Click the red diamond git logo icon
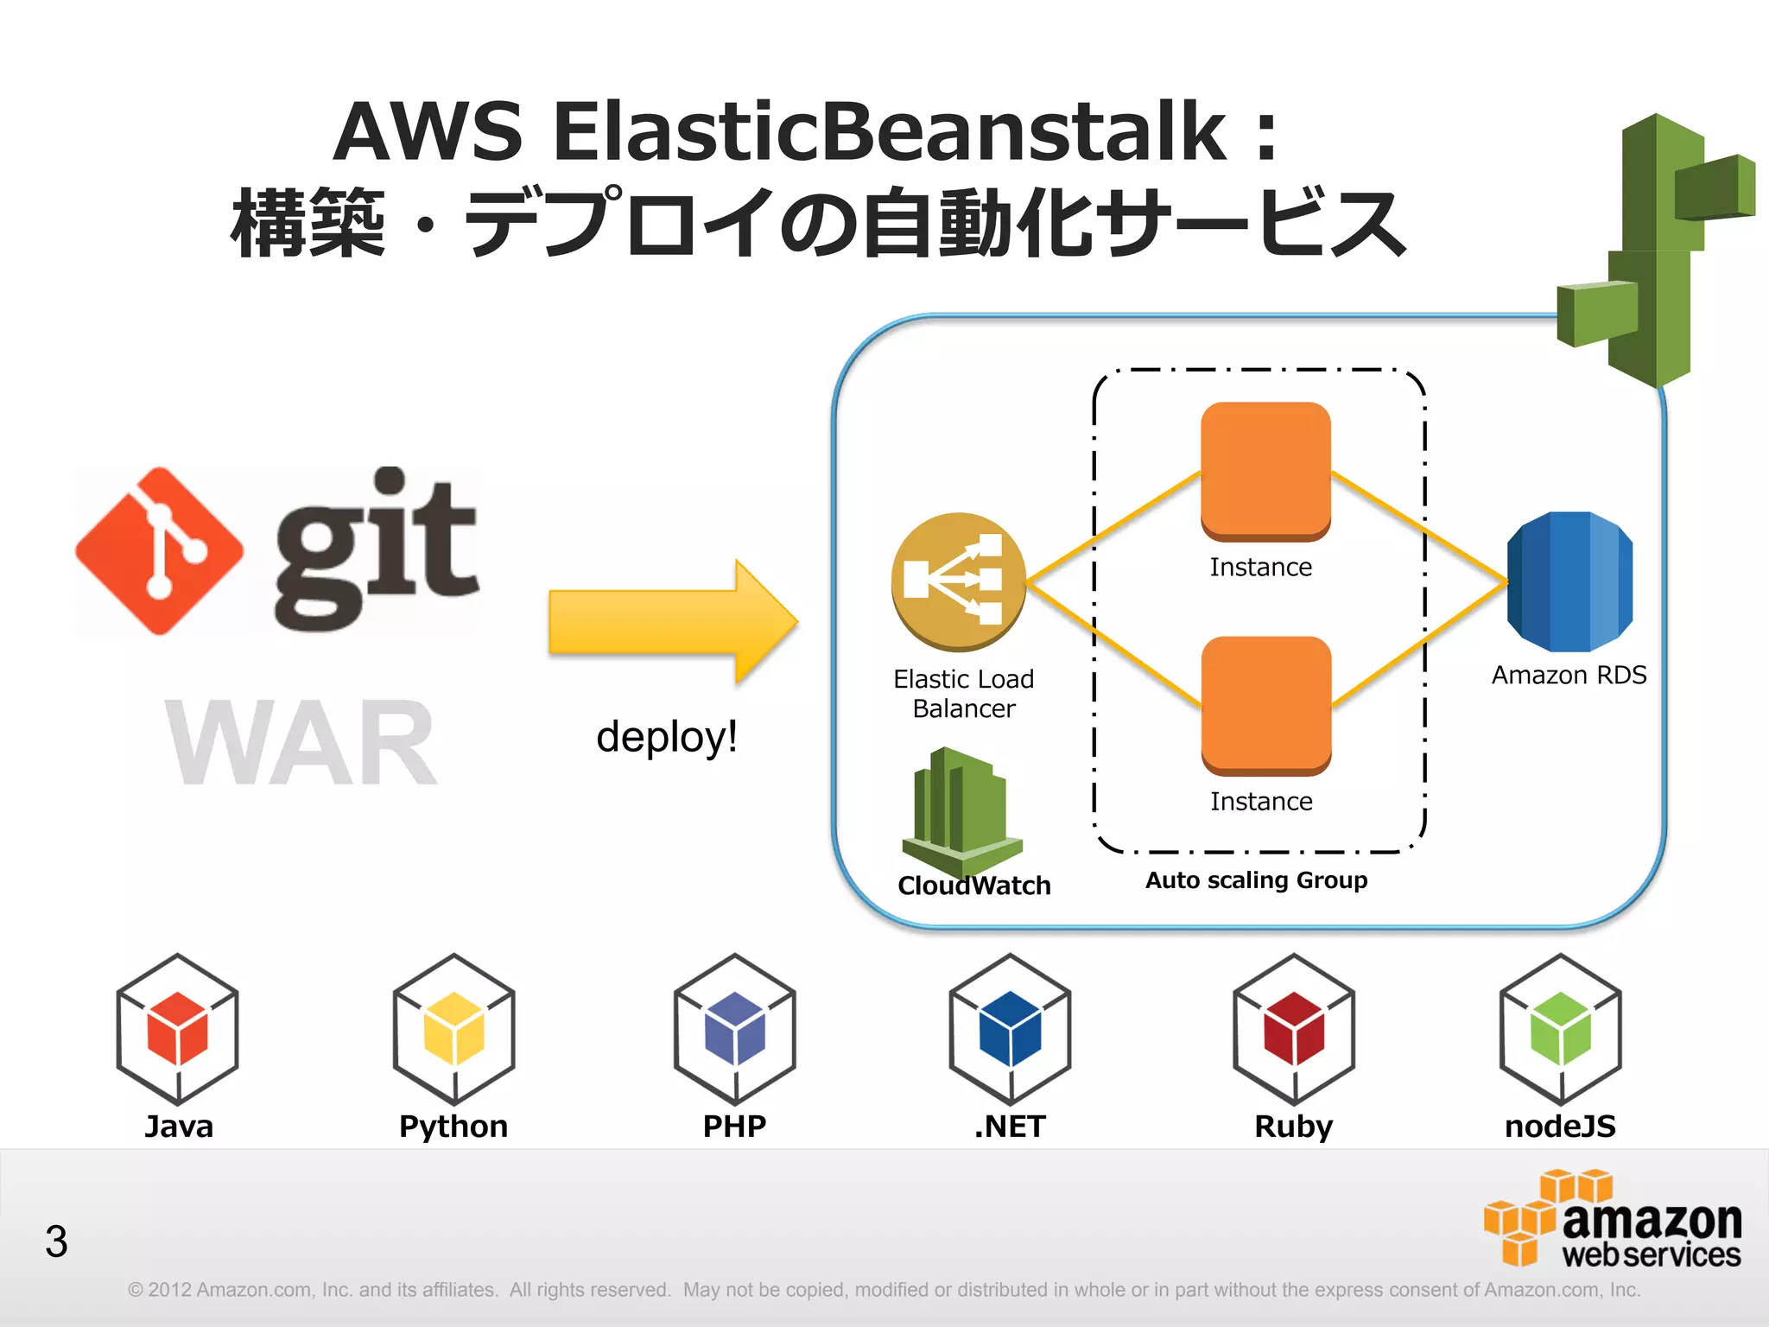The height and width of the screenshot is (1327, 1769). tap(159, 551)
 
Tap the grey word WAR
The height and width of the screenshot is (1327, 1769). tap(301, 744)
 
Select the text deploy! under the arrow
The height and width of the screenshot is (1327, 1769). tap(667, 737)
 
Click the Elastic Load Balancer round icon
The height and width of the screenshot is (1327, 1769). tap(959, 581)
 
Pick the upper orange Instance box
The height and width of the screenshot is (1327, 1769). tap(1265, 471)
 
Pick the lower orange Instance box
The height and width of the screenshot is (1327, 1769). tap(1266, 705)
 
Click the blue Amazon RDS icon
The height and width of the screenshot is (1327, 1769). tap(1569, 581)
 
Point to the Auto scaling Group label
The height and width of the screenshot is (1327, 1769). tap(1256, 880)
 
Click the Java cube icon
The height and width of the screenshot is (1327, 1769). tap(178, 1029)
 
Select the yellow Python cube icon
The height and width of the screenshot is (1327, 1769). tap(453, 1029)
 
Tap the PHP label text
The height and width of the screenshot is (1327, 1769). tap(734, 1127)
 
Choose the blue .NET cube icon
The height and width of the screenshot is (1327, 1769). tap(1010, 1029)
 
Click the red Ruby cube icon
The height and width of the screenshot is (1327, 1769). tap(1294, 1029)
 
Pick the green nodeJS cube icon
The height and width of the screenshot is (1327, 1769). tap(1560, 1029)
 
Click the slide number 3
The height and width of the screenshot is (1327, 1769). tap(56, 1241)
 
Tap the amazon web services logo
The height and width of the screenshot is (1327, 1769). tap(1613, 1220)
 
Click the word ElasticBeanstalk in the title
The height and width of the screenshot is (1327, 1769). tap(889, 131)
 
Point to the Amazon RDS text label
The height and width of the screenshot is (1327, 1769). tap(1569, 675)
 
